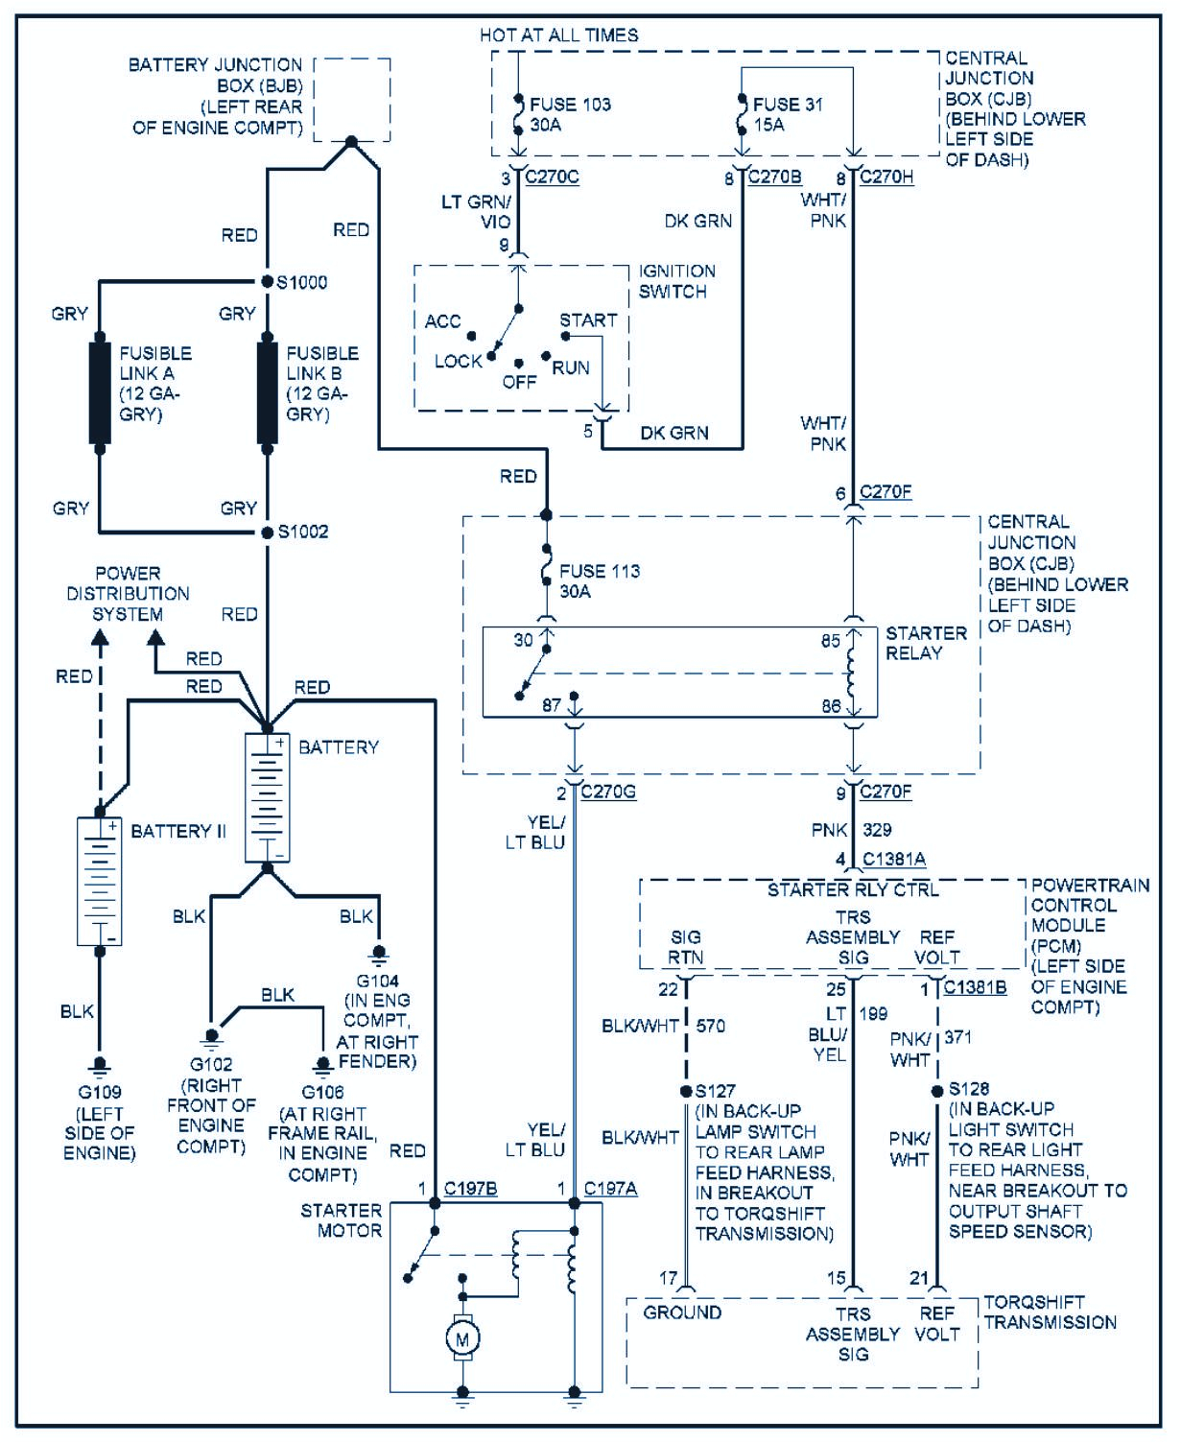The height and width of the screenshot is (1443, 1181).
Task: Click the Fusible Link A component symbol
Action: [x=100, y=390]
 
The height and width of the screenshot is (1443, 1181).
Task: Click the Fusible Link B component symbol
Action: [x=268, y=390]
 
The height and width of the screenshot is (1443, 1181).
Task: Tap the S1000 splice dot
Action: [x=268, y=281]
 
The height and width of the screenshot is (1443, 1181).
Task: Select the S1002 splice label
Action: [x=302, y=532]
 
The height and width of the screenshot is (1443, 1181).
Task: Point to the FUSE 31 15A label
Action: [x=787, y=114]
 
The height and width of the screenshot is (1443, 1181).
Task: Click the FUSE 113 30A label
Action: [x=599, y=581]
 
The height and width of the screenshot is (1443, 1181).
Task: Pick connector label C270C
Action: [x=552, y=177]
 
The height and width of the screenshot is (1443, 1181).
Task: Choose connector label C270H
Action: [x=886, y=177]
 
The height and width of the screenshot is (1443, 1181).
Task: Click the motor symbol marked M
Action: [x=462, y=1338]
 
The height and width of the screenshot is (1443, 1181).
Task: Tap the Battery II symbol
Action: [x=100, y=881]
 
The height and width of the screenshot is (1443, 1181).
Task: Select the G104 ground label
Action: [x=377, y=981]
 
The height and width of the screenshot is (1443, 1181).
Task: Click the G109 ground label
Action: [x=99, y=1092]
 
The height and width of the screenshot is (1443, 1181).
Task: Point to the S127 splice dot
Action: [x=686, y=1091]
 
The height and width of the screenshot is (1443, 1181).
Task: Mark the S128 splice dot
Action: [x=936, y=1091]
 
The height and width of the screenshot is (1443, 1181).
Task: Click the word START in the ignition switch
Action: [x=588, y=320]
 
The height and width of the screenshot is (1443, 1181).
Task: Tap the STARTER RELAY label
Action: [x=912, y=643]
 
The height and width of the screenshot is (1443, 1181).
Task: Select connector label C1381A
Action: [x=893, y=860]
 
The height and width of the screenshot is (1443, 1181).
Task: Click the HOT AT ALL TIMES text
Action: [x=558, y=35]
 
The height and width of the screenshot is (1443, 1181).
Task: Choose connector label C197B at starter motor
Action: [x=470, y=1190]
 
